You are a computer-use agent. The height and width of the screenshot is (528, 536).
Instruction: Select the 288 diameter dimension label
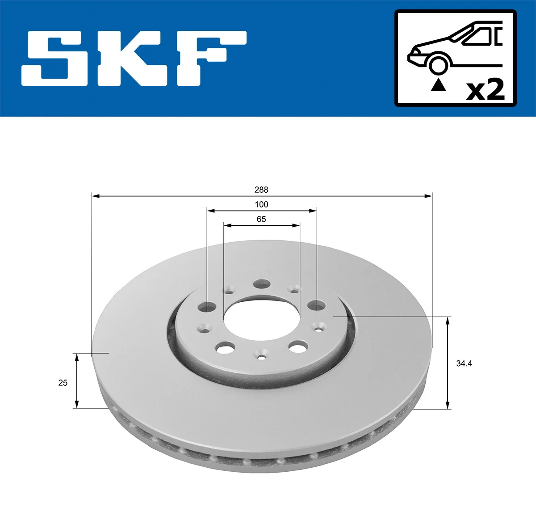[261, 190]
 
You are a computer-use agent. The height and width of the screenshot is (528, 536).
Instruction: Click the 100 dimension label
[261, 205]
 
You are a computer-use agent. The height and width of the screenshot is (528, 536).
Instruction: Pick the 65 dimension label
[261, 220]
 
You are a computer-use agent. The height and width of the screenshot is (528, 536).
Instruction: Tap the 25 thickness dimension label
[63, 383]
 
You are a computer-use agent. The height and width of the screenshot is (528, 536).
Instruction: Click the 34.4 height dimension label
[464, 364]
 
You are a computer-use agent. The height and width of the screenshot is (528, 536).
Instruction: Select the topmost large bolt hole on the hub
[262, 284]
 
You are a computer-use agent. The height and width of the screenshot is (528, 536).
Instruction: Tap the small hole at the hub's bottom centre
[262, 357]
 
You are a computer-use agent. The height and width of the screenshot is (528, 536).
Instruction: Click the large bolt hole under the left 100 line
[207, 307]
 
